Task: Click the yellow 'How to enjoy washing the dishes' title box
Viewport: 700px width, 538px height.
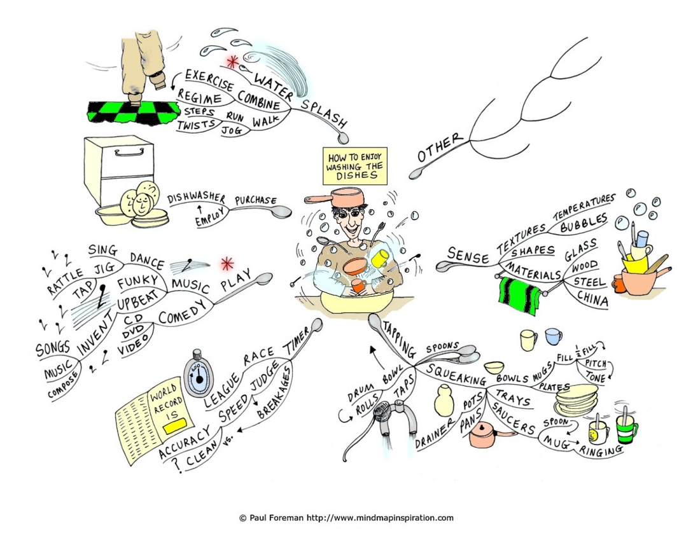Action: click(x=355, y=165)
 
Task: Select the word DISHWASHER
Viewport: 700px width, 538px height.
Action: click(x=197, y=198)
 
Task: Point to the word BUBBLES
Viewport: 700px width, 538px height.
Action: click(x=584, y=223)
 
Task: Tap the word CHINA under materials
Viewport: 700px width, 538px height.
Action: click(x=592, y=298)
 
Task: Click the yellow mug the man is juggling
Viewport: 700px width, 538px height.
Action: click(x=379, y=258)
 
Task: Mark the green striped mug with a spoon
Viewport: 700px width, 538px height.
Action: click(x=626, y=428)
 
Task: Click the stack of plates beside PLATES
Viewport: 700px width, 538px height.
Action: click(x=577, y=399)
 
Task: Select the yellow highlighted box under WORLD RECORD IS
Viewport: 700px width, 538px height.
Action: click(x=173, y=427)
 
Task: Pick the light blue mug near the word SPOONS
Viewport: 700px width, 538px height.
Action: click(x=553, y=336)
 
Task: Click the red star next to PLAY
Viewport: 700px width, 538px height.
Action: click(x=227, y=264)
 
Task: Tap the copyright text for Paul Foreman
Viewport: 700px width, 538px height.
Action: click(x=346, y=518)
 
